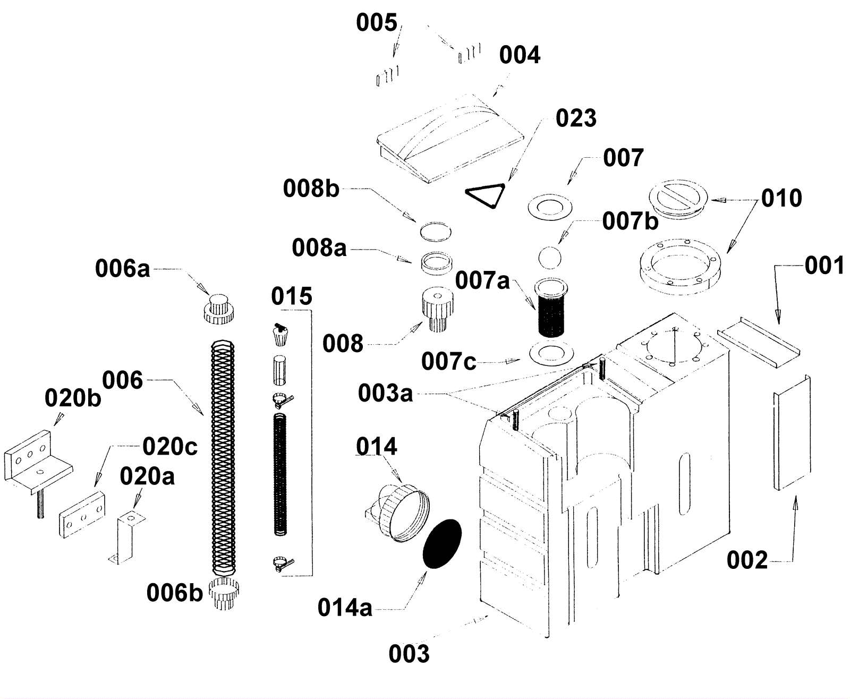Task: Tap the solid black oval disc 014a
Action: pyautogui.click(x=442, y=543)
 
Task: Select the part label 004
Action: pyautogui.click(x=520, y=55)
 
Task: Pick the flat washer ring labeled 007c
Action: pyautogui.click(x=552, y=353)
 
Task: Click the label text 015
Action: pyautogui.click(x=291, y=296)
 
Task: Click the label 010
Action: pyautogui.click(x=781, y=198)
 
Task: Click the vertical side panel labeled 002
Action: pyautogui.click(x=791, y=433)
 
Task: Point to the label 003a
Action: pyautogui.click(x=385, y=394)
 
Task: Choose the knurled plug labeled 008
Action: pyautogui.click(x=437, y=310)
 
